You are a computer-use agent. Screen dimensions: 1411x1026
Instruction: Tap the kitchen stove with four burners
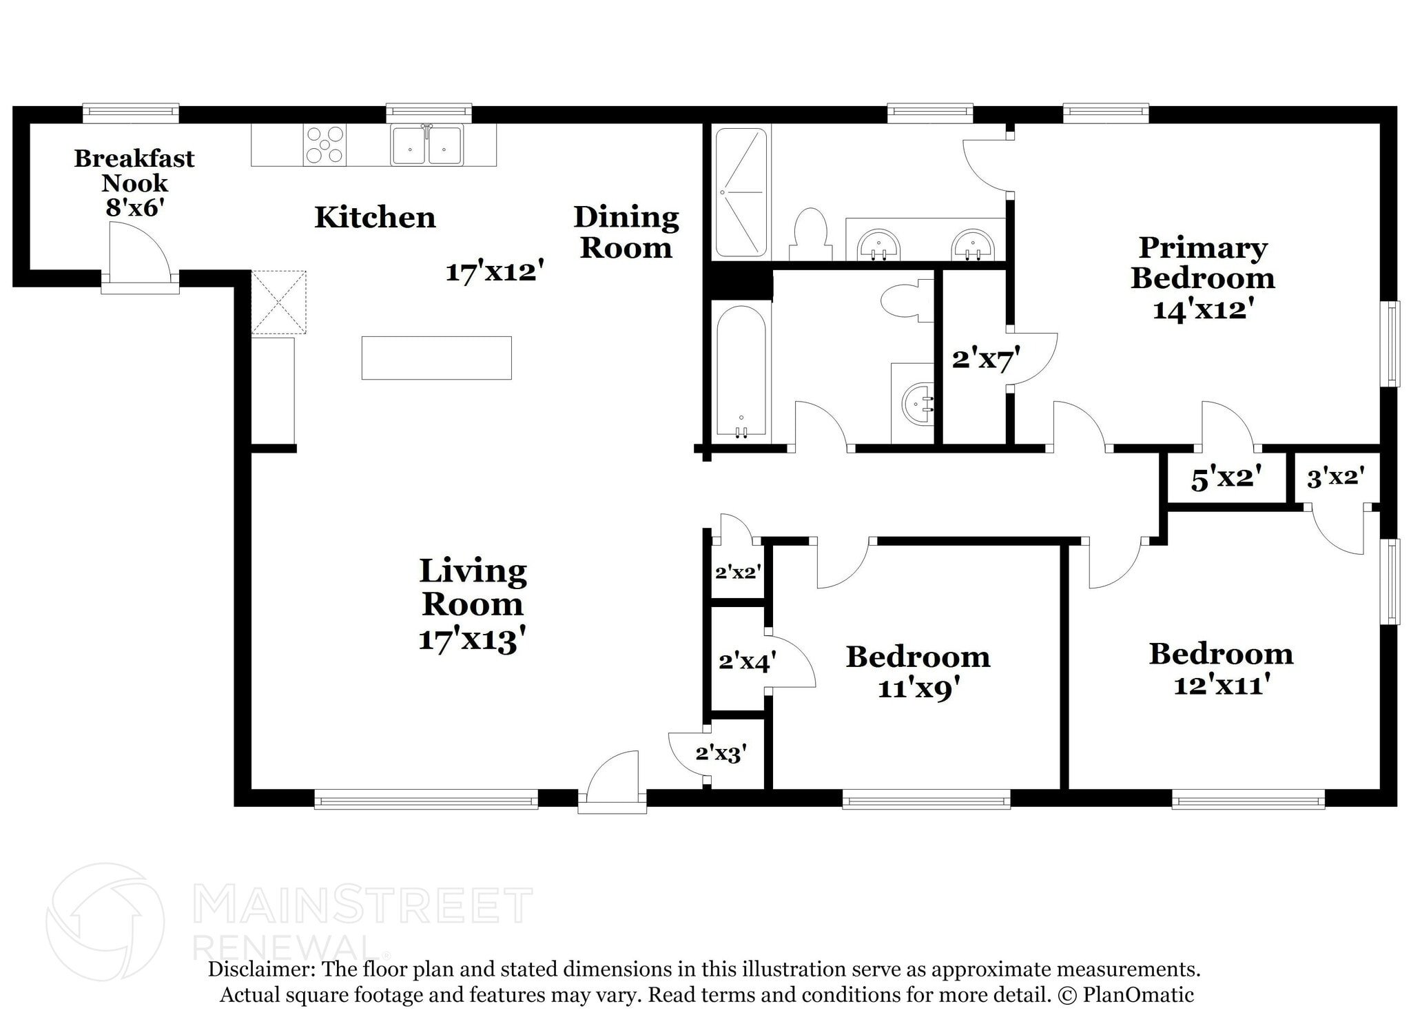coord(325,145)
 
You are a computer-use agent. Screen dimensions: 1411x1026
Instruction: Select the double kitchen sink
coord(427,145)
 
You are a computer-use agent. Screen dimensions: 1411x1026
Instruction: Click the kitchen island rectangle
coord(437,358)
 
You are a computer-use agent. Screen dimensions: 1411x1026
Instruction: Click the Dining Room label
coord(626,232)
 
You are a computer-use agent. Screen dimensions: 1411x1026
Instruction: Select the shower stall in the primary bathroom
coord(741,192)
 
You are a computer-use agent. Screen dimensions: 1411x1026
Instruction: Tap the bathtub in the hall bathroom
coord(741,371)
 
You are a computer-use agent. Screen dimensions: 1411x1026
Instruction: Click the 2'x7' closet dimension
coord(986,359)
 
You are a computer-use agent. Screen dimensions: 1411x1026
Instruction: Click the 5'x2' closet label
coord(1226,478)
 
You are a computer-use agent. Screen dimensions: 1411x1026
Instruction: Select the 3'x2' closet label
coord(1336,477)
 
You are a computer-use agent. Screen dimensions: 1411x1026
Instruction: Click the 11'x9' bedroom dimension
coord(918,688)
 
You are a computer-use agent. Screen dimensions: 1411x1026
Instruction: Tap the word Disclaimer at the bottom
coord(261,969)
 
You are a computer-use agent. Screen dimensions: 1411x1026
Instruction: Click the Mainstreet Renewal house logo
coord(105,921)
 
